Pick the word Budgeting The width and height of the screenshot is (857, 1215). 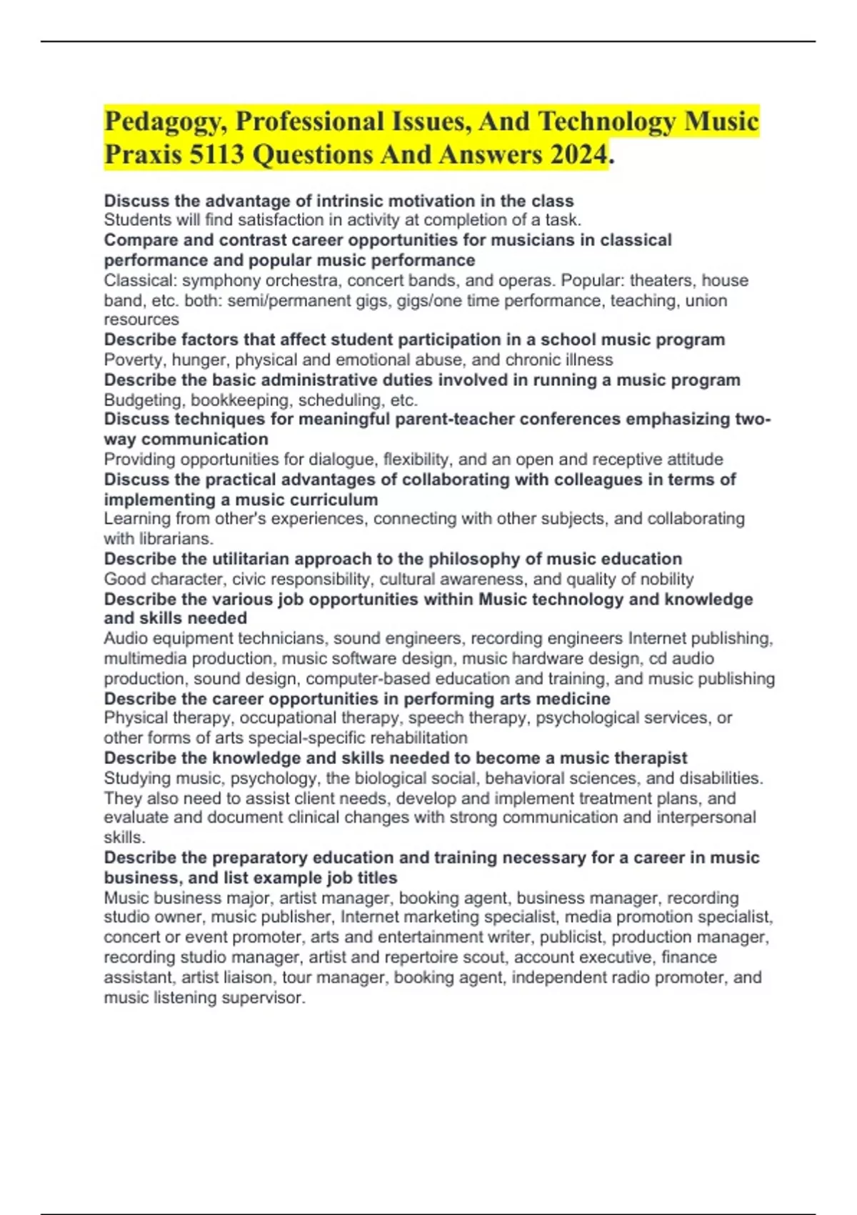point(144,400)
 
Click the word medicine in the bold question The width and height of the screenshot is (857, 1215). point(572,698)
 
